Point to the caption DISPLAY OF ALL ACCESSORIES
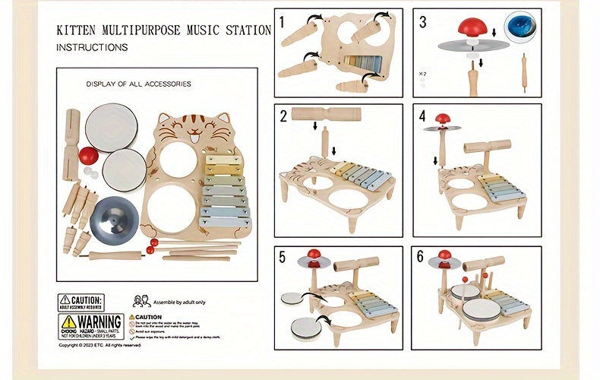pos(138,84)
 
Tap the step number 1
pos(282,22)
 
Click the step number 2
pos(283,116)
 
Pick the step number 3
pos(422,22)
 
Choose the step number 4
pos(422,116)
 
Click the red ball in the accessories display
pos(89,156)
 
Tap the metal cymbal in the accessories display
pos(112,217)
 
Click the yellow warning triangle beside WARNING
pos(68,322)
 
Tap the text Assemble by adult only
pos(179,302)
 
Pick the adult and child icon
pos(141,301)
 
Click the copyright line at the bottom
pos(100,345)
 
